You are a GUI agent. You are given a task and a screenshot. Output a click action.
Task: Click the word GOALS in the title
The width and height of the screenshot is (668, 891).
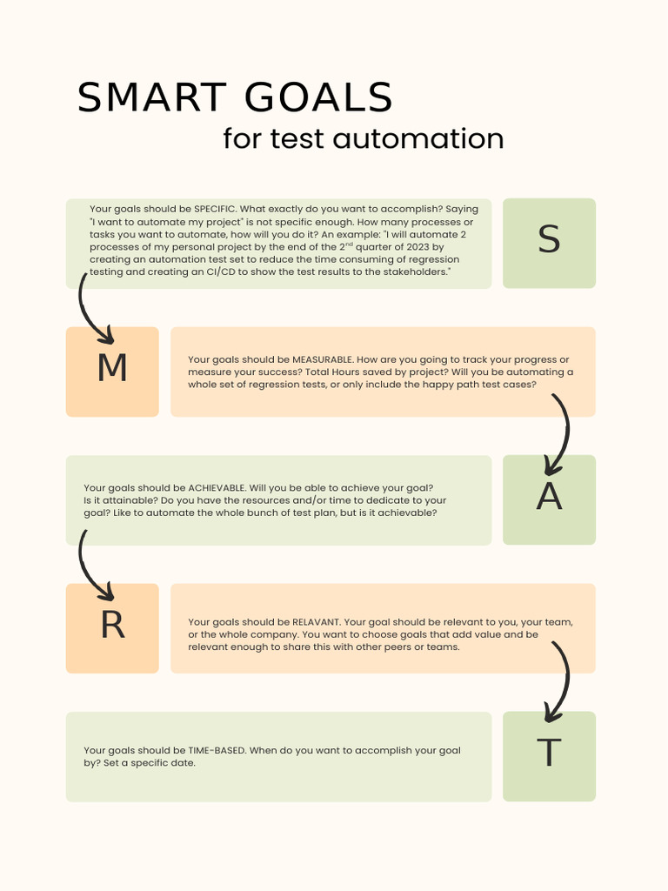tap(318, 97)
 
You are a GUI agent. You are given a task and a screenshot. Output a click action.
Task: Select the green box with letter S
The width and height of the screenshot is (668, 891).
tap(549, 243)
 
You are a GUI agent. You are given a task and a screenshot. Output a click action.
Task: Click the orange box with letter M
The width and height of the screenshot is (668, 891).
tap(112, 372)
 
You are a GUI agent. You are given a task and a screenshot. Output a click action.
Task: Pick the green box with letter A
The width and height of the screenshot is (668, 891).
tap(549, 499)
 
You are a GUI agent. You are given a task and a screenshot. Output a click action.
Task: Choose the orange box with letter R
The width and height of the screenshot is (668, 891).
tap(112, 628)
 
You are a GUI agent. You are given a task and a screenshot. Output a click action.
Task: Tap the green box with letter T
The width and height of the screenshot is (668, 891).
tap(549, 756)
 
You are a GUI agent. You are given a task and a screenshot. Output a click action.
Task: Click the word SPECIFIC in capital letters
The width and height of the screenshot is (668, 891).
tap(214, 209)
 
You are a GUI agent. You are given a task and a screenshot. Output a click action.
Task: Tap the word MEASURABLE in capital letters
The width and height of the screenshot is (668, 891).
tap(323, 359)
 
